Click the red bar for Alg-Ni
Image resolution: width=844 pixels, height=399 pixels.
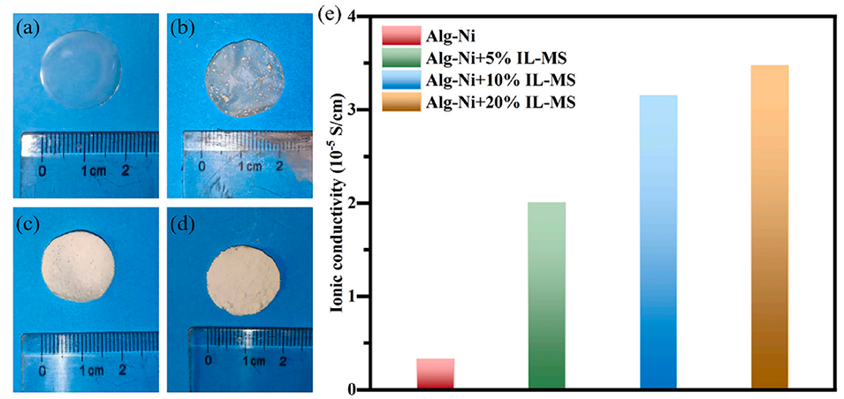click(x=435, y=373)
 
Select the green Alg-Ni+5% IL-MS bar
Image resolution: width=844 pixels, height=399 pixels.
click(x=546, y=296)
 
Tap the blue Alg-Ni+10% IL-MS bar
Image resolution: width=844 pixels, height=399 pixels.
click(x=658, y=242)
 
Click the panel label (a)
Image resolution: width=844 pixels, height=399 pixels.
click(x=26, y=25)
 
